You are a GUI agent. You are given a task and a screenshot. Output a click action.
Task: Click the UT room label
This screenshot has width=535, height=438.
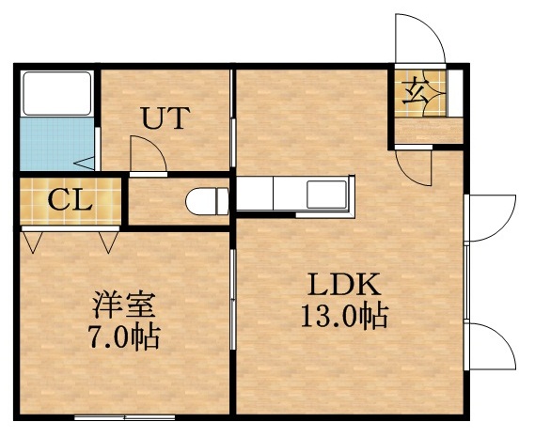[166, 118]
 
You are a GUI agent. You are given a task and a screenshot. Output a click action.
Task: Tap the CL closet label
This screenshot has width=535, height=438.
[70, 199]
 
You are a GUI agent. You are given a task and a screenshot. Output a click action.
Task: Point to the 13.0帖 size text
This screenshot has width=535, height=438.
[344, 317]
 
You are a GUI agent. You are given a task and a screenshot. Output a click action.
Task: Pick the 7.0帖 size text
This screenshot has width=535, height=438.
[123, 336]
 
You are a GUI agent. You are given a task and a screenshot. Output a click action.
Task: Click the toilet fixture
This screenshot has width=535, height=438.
[207, 201]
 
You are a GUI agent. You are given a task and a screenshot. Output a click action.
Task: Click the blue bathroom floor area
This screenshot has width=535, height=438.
[54, 144]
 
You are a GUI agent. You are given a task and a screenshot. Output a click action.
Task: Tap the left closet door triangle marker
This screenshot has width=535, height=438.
[34, 243]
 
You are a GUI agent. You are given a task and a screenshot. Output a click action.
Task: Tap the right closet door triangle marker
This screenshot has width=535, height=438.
[107, 243]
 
